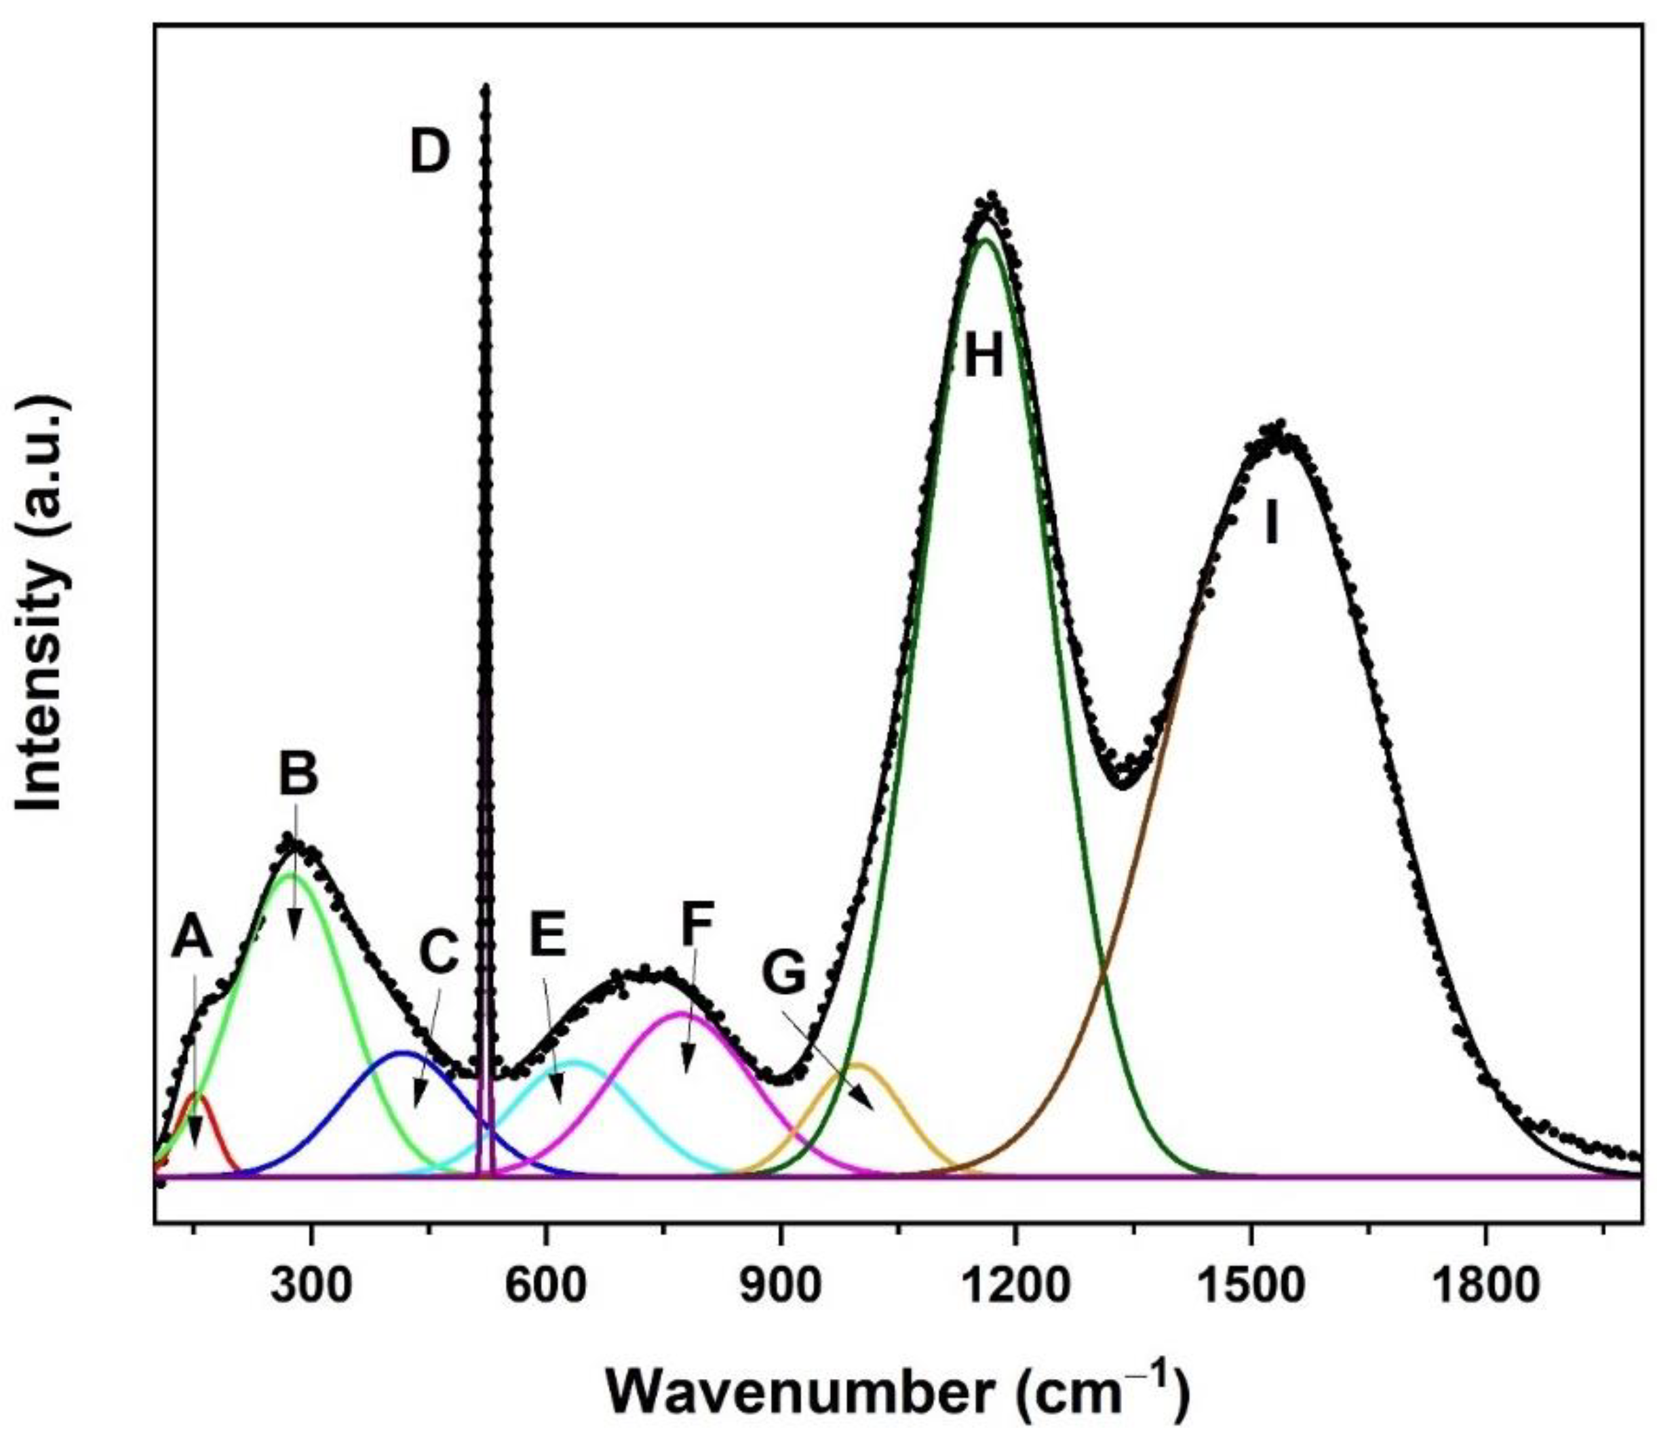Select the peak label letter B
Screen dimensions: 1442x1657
[x=298, y=772]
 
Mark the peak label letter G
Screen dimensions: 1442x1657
[x=783, y=974]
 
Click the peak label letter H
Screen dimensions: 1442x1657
[x=984, y=356]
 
